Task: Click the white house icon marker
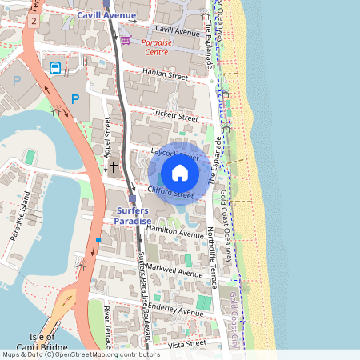(180, 173)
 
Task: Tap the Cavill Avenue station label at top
(106, 15)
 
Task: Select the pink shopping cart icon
(126, 39)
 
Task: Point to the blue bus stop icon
(55, 68)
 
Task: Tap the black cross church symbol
(114, 167)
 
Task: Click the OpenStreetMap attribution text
(80, 354)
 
